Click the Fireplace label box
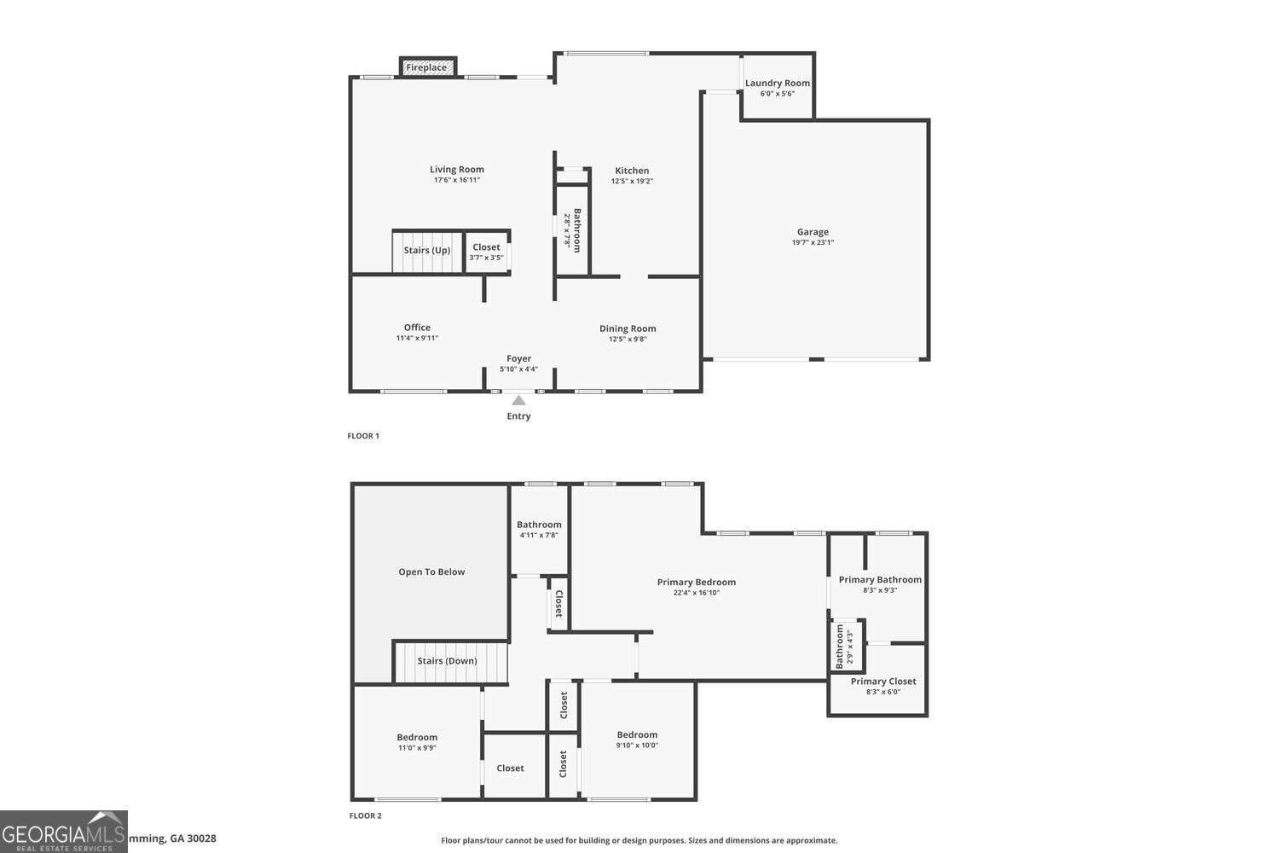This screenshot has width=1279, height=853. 426,67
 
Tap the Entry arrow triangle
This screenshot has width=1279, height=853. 518,400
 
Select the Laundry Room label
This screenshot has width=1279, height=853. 777,84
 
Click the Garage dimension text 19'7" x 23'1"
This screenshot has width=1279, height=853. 813,242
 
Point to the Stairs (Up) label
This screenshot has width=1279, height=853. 426,250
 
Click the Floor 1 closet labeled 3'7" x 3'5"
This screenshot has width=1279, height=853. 486,252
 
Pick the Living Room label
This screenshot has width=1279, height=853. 456,170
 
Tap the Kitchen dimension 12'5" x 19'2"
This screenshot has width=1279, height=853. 632,181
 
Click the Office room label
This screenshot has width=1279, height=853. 417,328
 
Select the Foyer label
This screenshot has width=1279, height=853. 518,359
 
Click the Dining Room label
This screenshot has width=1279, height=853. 628,328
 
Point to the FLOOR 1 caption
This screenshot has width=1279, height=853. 363,436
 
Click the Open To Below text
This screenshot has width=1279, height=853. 431,572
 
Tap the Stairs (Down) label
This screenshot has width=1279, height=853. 447,661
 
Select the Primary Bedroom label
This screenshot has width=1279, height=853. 696,583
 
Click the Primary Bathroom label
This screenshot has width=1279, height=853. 880,580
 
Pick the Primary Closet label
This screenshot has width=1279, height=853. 883,682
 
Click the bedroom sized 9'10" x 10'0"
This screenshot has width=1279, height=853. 637,740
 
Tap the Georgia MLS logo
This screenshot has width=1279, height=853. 64,832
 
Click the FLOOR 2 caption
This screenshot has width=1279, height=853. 365,815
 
